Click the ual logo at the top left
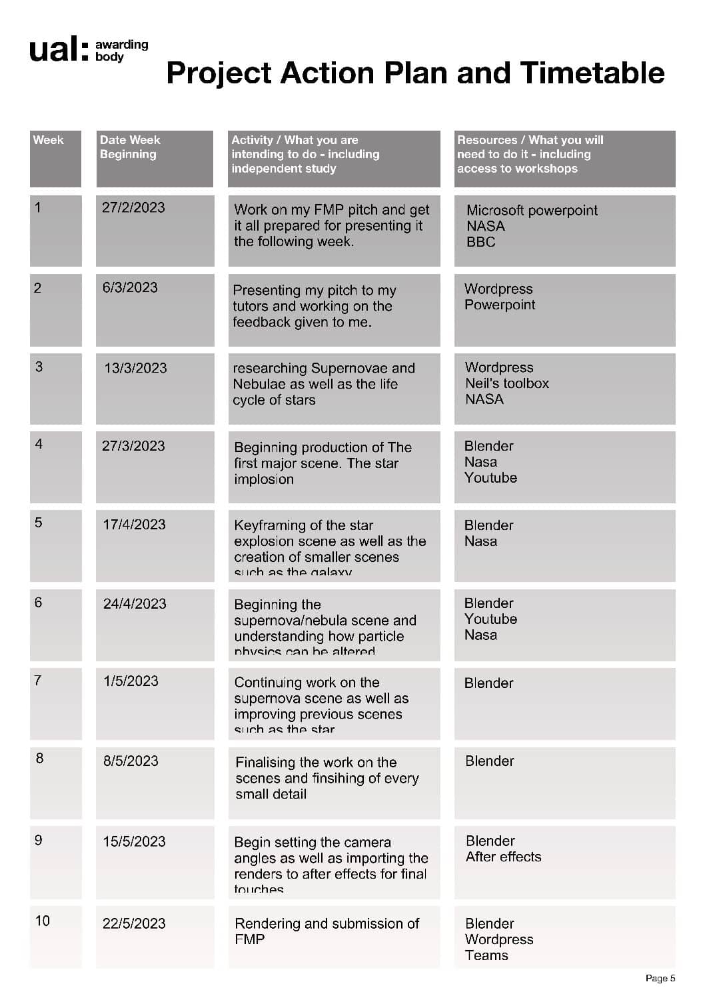pos(59,50)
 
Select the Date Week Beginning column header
pos(130,147)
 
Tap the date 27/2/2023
pos(133,207)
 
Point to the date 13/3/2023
pos(135,368)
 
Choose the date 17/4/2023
pos(134,525)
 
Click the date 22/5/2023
pos(134,923)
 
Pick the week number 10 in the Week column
pos(43,921)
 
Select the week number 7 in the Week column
pos(38,681)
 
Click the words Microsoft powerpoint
pos(532,211)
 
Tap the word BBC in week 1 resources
pos(480,242)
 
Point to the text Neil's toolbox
pos(506,383)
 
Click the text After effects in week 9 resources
pos(503,857)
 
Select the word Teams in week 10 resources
pos(486,955)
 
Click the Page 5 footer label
pos(660,978)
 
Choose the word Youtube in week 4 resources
pos(490,478)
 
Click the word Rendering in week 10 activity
pos(267,923)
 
